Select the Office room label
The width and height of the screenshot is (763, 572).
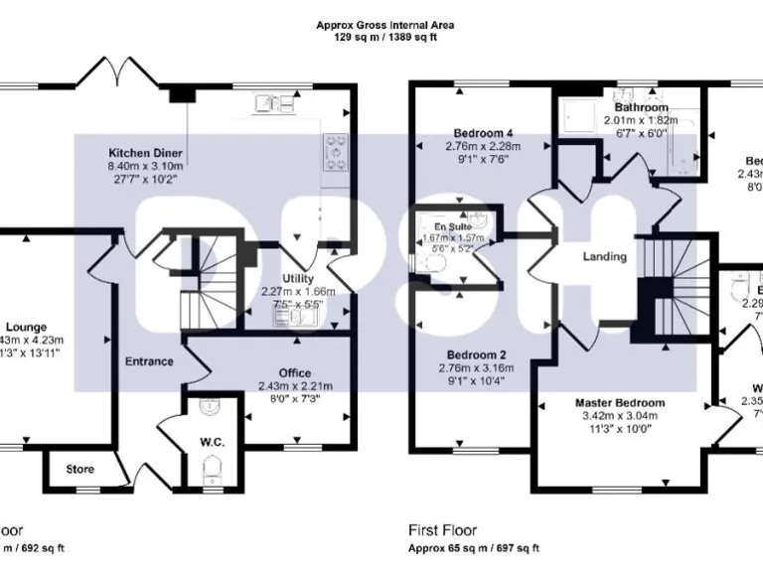click(295, 373)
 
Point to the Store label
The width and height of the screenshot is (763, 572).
click(80, 469)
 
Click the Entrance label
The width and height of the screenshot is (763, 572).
click(148, 361)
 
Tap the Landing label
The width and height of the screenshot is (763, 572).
click(604, 256)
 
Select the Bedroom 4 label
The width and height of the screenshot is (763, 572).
click(483, 133)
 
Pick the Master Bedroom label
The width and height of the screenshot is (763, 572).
click(620, 402)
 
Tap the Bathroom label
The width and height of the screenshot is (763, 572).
click(641, 107)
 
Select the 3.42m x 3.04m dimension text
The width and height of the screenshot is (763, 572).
click(620, 416)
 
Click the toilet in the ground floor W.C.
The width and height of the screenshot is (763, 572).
click(210, 473)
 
